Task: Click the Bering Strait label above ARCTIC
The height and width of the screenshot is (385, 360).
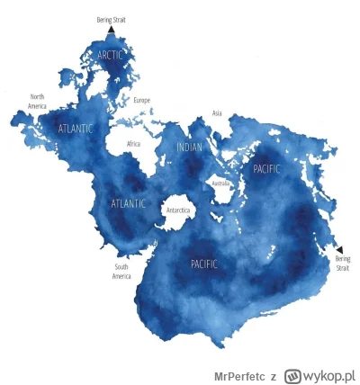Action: (111, 19)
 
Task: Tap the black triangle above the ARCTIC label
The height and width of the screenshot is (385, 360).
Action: (111, 30)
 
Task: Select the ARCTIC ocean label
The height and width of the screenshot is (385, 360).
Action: (111, 56)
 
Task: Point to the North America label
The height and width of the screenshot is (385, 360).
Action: (38, 101)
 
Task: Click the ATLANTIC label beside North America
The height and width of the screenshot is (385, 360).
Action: (75, 129)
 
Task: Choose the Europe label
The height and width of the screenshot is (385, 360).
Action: (142, 100)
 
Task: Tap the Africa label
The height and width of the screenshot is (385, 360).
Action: (133, 143)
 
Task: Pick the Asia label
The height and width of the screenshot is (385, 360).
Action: (216, 113)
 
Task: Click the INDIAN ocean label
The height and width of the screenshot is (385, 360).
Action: (190, 147)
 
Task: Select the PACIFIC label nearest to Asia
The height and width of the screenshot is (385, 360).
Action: (267, 168)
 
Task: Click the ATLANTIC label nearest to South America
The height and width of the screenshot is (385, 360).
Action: (128, 203)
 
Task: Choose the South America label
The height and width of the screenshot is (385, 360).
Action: (122, 271)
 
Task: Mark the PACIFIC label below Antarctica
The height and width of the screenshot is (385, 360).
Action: (204, 264)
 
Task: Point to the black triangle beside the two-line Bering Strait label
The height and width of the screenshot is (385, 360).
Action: (339, 248)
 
